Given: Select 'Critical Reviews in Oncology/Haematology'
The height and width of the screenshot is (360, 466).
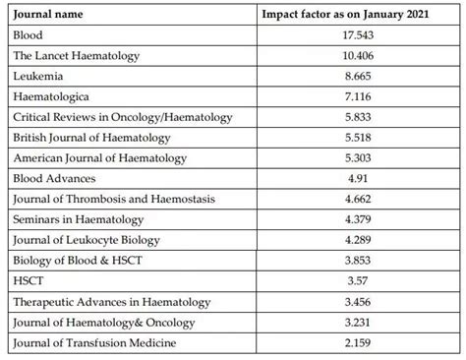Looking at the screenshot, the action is click(124, 117).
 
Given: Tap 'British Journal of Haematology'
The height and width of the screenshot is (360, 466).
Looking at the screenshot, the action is click(96, 138).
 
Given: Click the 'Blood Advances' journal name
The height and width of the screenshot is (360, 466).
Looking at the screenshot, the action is click(55, 179).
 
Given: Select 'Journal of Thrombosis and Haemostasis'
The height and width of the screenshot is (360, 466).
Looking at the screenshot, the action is click(114, 200).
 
